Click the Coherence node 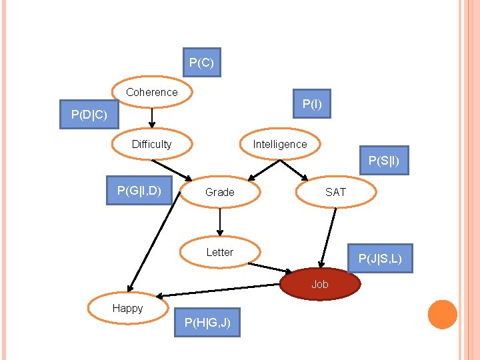(152, 93)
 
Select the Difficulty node (152, 144)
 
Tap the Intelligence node (280, 144)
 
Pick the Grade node (220, 192)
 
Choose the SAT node (335, 192)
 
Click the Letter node (220, 252)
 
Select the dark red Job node (320, 284)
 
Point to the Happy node (127, 308)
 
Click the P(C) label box (201, 63)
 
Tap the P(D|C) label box (89, 115)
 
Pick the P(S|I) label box (384, 160)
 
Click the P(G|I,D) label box (139, 191)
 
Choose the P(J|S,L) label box (380, 258)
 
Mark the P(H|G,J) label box (207, 323)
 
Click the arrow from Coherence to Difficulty (152, 118)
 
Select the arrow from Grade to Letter (220, 222)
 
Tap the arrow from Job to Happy (220, 291)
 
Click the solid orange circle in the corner (442, 315)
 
